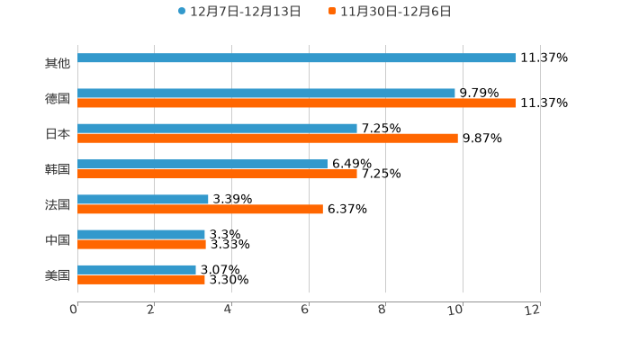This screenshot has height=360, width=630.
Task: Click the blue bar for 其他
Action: [x=297, y=58]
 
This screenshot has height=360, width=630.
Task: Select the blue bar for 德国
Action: [x=266, y=94]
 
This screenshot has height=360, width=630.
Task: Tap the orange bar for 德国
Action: [x=297, y=103]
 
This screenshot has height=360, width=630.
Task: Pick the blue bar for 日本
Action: [x=217, y=129]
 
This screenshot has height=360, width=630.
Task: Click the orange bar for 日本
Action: [x=267, y=139]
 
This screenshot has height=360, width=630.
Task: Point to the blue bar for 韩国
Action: [x=202, y=164]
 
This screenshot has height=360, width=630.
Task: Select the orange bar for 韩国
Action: [x=217, y=174]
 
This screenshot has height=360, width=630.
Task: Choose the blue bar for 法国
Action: [x=143, y=199]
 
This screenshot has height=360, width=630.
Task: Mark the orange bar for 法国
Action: [x=200, y=209]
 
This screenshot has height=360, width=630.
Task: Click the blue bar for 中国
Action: [x=141, y=234]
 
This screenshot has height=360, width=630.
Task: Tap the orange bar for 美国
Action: [x=141, y=280]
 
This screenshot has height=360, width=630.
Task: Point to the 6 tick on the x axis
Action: [x=306, y=310]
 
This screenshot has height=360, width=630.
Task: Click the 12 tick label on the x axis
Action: [x=533, y=310]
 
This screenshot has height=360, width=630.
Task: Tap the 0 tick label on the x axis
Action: [x=74, y=310]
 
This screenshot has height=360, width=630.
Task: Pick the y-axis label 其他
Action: [x=58, y=63]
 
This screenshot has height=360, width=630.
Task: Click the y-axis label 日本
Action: [x=58, y=133]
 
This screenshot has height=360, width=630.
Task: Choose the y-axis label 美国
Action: [x=58, y=274]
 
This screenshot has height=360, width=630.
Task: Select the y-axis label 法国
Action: [x=58, y=204]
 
